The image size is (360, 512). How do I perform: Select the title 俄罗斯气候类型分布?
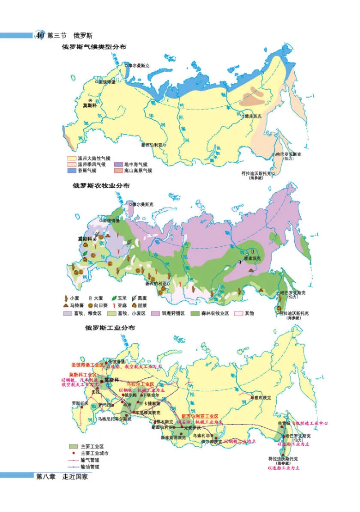click(94, 46)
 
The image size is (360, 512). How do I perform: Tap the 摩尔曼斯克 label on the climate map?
click(139, 65)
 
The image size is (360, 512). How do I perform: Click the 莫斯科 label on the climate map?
click(90, 106)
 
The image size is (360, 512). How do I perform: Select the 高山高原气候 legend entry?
click(137, 171)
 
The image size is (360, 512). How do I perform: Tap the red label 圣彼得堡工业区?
click(88, 363)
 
